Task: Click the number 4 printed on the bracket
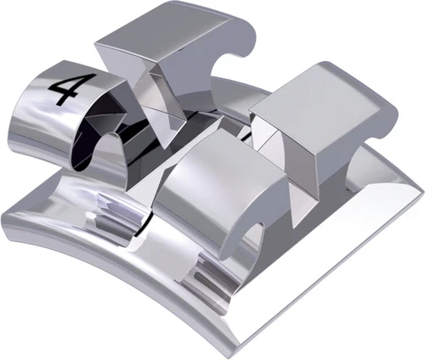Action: click(x=65, y=87)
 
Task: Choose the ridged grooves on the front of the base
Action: click(x=204, y=280)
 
